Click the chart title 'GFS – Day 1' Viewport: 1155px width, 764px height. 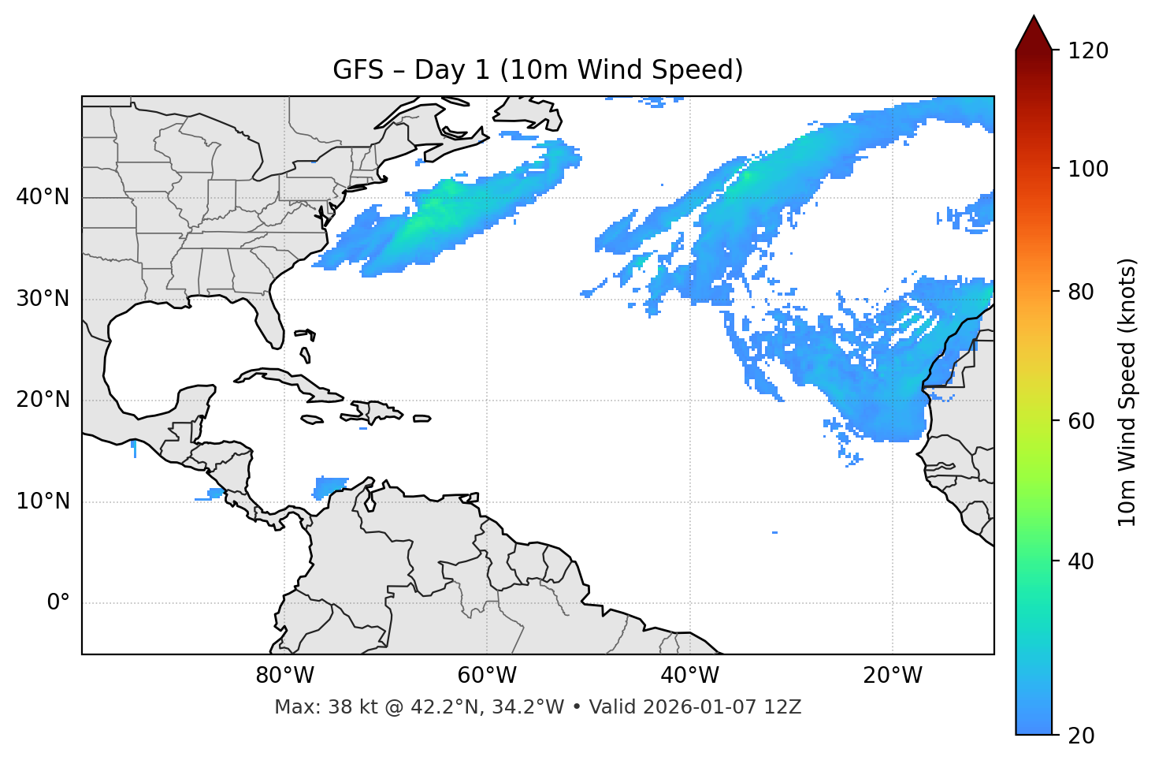[537, 70]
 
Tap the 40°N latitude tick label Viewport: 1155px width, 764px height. [43, 197]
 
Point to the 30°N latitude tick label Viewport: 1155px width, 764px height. [43, 299]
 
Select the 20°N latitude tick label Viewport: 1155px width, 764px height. [43, 400]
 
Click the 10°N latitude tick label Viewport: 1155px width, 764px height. [43, 501]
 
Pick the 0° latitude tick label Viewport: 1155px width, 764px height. [58, 603]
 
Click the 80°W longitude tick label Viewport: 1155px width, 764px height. [284, 676]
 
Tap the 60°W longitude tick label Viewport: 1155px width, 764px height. [487, 676]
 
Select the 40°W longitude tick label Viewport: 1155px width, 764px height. [689, 676]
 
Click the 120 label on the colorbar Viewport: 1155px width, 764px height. [1087, 51]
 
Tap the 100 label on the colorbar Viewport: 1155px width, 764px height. [1087, 169]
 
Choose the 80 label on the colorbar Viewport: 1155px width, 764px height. [1082, 292]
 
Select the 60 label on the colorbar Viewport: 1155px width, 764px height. [1082, 421]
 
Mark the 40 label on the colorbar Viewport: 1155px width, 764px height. [1082, 561]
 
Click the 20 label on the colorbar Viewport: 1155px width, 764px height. [1082, 736]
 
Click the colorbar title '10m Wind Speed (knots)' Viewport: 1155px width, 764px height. [1127, 393]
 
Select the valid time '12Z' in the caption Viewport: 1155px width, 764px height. [784, 707]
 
